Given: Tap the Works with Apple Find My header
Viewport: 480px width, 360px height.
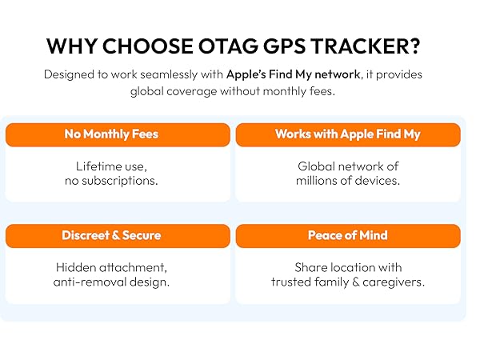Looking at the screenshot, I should click(347, 134).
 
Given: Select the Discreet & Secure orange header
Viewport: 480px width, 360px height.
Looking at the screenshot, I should click(111, 235).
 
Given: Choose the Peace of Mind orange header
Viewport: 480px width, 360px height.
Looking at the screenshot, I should click(347, 235).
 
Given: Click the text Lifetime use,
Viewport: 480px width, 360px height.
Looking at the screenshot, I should click(111, 166).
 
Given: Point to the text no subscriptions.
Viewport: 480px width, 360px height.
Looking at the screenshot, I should click(111, 181).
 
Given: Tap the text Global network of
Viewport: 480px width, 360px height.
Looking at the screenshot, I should click(347, 166).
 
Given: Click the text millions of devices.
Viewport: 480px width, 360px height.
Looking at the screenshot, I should click(347, 181).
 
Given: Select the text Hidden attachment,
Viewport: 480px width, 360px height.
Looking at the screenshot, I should click(111, 267).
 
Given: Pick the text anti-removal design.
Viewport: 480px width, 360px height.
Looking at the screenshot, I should click(111, 282).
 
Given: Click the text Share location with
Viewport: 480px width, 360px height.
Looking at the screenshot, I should click(347, 267).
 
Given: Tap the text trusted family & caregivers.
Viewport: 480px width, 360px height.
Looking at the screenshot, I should click(347, 282).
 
